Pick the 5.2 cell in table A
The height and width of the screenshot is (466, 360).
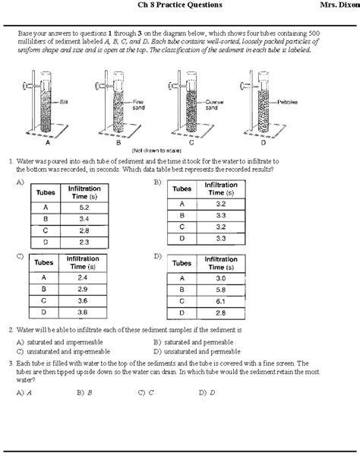coord(84,207)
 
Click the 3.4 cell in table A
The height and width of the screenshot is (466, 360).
coord(84,218)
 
